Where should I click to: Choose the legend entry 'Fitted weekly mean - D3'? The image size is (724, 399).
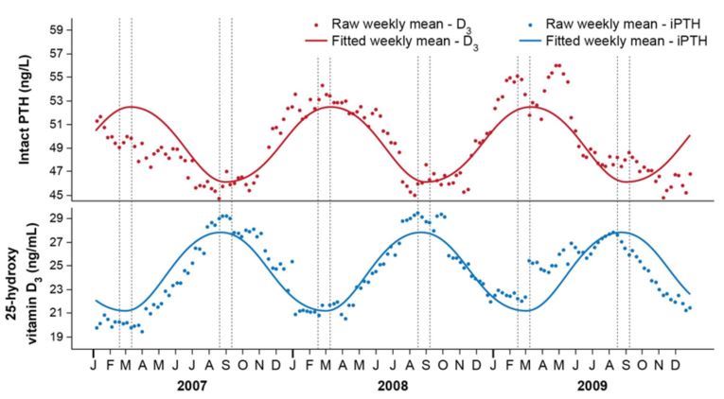(394, 41)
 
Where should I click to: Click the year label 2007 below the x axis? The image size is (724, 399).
(193, 386)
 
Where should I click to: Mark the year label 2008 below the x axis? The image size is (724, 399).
(392, 386)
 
